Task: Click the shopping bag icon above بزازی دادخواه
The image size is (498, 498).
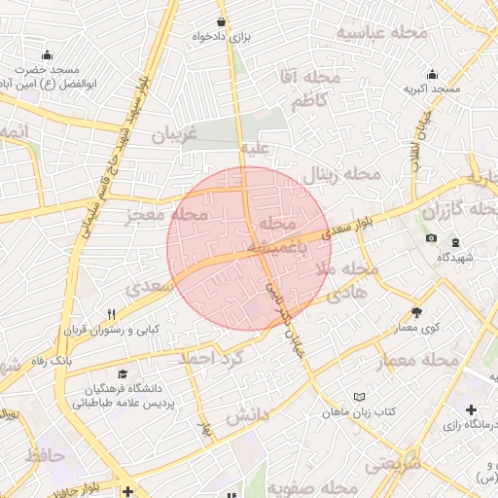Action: tap(223, 20)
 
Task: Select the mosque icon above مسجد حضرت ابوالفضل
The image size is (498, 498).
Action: tap(47, 54)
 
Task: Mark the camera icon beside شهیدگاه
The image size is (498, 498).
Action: tap(431, 238)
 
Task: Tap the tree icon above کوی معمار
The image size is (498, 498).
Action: tap(417, 313)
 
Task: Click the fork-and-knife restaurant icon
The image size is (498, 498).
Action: tap(112, 314)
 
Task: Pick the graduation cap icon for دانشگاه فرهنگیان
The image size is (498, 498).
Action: tap(123, 374)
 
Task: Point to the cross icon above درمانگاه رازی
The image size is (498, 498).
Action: tap(472, 410)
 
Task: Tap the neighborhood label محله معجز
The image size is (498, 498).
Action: tap(167, 214)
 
